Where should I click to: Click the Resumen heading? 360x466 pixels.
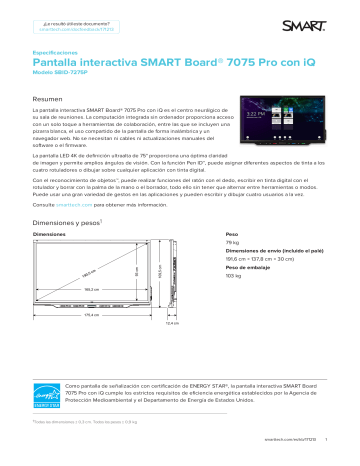[49, 100]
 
